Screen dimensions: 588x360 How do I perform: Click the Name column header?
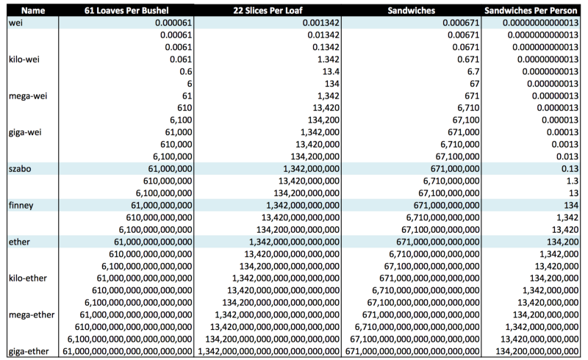click(x=33, y=10)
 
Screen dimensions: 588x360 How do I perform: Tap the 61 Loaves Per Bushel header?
click(x=126, y=10)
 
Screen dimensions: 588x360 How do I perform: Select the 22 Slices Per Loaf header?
click(x=268, y=10)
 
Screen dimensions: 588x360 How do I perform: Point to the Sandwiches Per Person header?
click(x=531, y=10)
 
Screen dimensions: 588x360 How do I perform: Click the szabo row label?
click(x=20, y=169)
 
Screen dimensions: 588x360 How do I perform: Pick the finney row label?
click(x=21, y=205)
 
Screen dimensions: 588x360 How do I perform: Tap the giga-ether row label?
click(x=29, y=351)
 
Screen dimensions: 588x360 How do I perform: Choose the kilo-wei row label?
click(x=24, y=60)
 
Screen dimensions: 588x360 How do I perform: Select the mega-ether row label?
click(x=32, y=314)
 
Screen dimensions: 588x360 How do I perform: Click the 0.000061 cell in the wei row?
click(x=173, y=23)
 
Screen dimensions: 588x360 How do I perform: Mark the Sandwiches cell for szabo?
click(x=455, y=169)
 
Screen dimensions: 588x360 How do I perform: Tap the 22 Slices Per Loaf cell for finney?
click(x=303, y=205)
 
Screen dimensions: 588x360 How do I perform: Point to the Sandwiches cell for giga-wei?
click(x=464, y=132)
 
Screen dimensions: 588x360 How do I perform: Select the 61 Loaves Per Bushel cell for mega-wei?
click(x=187, y=96)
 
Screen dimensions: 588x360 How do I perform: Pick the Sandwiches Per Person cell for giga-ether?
click(x=537, y=351)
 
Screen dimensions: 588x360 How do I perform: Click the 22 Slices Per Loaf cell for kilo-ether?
click(x=286, y=278)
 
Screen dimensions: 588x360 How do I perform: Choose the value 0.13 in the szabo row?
click(x=570, y=169)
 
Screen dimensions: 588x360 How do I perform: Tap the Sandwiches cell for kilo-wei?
click(x=468, y=60)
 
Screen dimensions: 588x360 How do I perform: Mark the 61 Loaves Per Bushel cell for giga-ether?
click(x=127, y=351)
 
